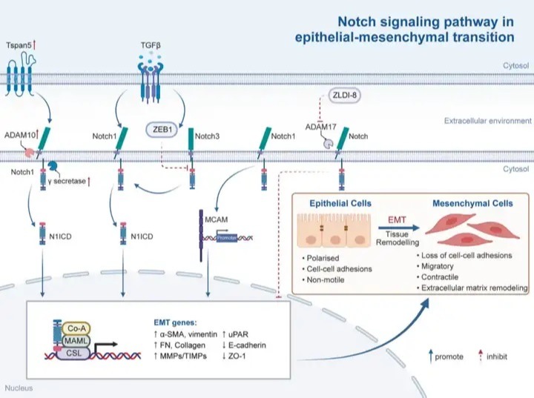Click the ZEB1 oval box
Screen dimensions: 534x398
(162, 130)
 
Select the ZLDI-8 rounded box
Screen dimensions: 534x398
(344, 95)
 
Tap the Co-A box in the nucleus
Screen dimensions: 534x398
(76, 328)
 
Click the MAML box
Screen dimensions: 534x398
(75, 341)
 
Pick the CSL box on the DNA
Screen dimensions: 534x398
(73, 354)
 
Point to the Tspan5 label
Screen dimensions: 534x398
(19, 45)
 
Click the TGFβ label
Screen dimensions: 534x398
(151, 45)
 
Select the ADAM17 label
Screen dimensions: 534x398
(321, 127)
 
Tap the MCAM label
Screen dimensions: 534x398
(217, 219)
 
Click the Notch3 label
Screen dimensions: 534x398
(207, 136)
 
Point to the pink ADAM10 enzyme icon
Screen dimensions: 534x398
(29, 153)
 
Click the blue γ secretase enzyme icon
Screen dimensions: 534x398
(53, 166)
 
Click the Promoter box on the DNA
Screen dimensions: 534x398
(227, 238)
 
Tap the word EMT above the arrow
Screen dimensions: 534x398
(397, 220)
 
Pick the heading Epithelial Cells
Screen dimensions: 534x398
(340, 204)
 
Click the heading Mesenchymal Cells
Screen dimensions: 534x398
(472, 204)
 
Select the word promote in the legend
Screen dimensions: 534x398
(449, 356)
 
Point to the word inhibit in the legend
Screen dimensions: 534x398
(497, 356)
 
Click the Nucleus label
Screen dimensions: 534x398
(19, 388)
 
